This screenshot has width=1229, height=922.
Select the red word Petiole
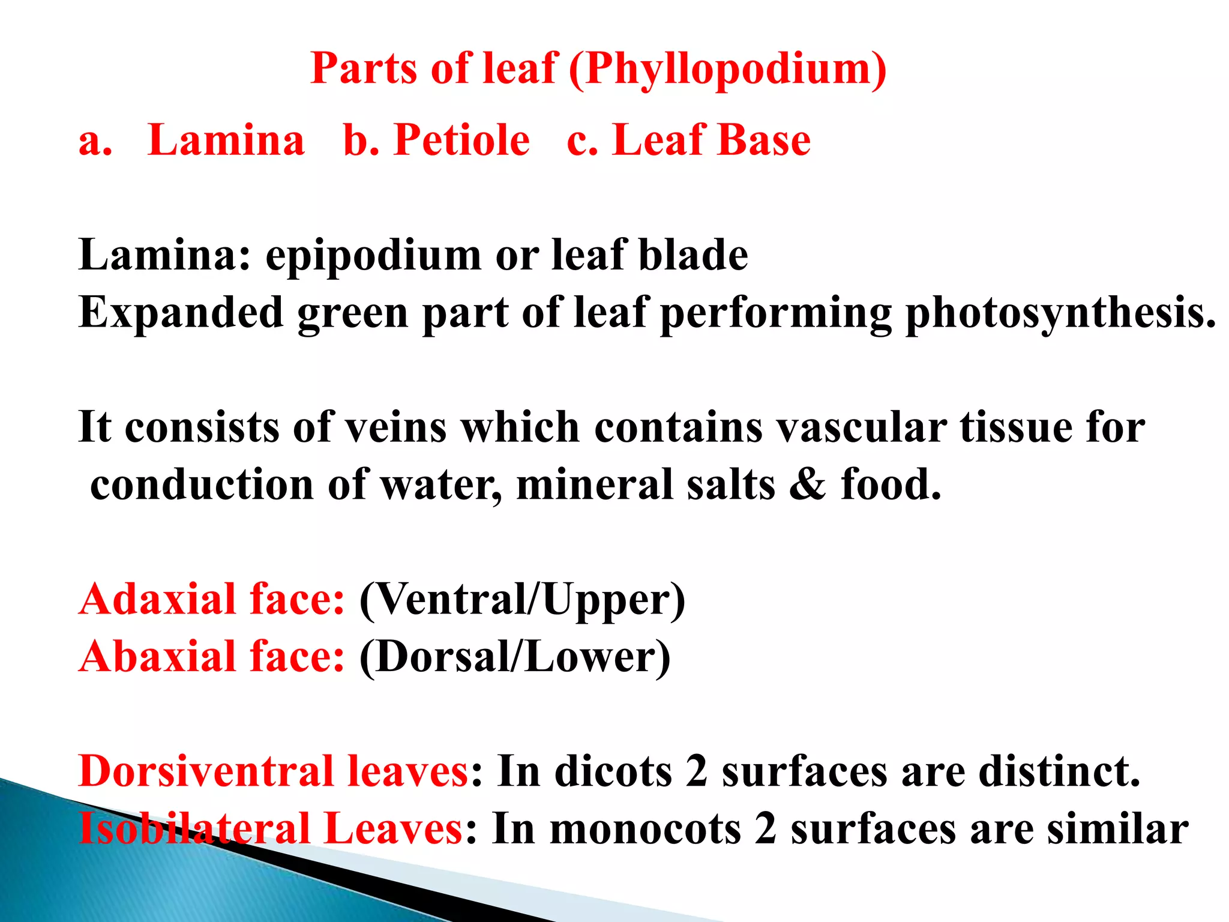[x=461, y=140]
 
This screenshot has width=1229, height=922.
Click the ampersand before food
[x=807, y=484]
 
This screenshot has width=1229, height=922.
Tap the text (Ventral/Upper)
[x=522, y=600]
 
